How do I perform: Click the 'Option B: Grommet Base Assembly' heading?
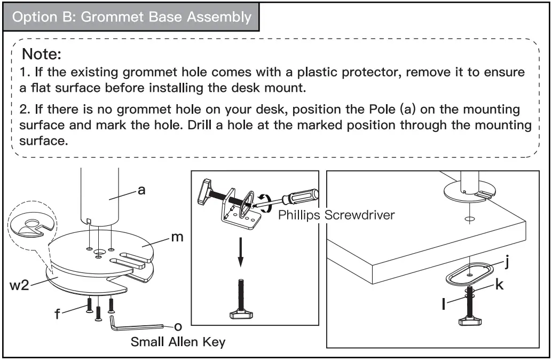(132, 17)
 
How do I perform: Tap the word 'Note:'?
(42, 54)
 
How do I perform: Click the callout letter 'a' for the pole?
(141, 190)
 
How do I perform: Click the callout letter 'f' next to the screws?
(57, 314)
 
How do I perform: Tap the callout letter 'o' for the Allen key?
(178, 325)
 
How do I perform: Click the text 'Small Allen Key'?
(178, 342)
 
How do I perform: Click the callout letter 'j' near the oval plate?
(508, 262)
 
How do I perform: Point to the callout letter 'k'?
(499, 285)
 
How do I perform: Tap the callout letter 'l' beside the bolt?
(444, 303)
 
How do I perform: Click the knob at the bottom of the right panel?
(469, 320)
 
